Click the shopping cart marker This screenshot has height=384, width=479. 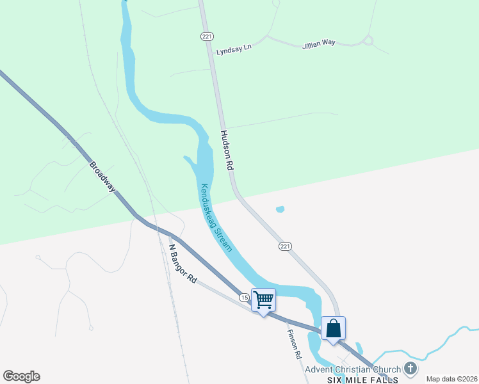point(264,300)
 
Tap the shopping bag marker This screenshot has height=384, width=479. point(333,328)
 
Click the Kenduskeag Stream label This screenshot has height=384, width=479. point(216,218)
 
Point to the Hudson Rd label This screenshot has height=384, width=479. point(227,150)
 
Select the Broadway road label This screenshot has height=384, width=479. point(102,176)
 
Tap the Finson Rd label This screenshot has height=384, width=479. point(294,344)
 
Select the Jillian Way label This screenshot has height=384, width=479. point(319,43)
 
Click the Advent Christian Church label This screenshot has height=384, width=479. point(352,369)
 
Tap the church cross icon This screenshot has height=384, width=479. point(410,369)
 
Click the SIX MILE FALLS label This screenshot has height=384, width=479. point(362,380)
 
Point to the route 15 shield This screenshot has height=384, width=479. point(244,298)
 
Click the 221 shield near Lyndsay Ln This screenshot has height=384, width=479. point(206,36)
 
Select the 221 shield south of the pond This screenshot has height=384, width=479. point(286,246)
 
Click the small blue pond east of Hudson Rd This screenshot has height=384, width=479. point(279,209)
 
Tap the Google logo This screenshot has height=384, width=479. point(22,376)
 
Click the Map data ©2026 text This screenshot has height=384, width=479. point(451,379)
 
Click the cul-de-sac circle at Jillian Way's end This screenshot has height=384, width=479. point(368,40)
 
